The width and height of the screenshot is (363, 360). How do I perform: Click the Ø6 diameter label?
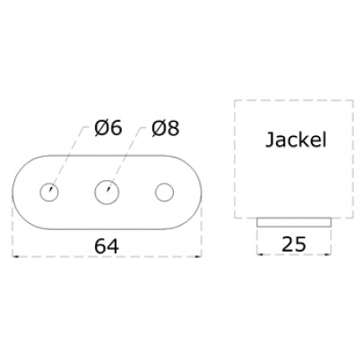point(108,128)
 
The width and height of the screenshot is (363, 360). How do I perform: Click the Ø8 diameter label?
point(165,128)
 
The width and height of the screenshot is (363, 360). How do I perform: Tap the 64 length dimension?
point(107,246)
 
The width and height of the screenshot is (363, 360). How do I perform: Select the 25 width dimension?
point(294,244)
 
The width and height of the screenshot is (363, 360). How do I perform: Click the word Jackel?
point(296,140)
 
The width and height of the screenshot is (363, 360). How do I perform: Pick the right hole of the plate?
point(164,193)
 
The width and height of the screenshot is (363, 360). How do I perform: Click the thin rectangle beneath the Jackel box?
point(294,222)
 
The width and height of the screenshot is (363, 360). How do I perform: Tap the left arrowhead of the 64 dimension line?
point(14,256)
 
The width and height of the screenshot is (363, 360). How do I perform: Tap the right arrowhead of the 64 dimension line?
point(199,256)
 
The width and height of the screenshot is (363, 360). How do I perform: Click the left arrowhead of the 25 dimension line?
point(259,254)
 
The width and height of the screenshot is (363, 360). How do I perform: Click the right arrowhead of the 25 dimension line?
point(329,254)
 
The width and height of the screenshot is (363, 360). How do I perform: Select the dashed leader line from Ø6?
point(69,158)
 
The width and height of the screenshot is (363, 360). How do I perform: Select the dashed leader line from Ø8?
point(126,158)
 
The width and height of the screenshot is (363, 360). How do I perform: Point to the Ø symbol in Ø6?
point(101,128)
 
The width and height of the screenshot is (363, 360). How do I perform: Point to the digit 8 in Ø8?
point(173,129)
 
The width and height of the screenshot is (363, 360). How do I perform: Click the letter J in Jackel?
point(269,141)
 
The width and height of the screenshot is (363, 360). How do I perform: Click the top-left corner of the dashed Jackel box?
point(235,100)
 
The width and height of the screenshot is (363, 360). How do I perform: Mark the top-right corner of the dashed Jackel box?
point(353,100)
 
